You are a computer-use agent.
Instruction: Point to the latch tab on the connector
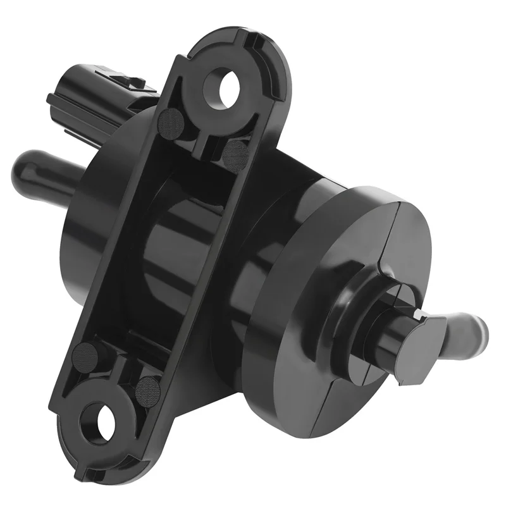[x=130, y=80]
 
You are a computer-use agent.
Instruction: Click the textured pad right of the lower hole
[x=148, y=387]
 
